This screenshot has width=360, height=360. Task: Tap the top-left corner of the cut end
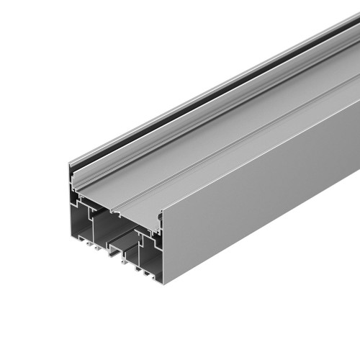(x=69, y=164)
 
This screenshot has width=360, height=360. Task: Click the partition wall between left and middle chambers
(x=102, y=223)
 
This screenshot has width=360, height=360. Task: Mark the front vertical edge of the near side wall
(x=163, y=245)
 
